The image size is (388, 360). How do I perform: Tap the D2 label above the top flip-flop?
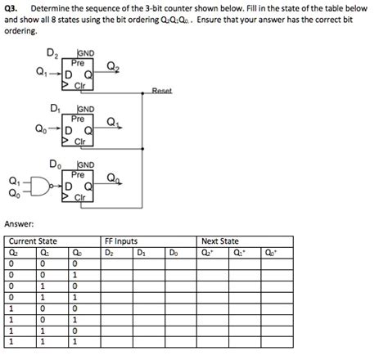(52, 55)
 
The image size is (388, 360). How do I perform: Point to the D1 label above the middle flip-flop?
(55, 108)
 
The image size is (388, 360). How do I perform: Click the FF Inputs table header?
(121, 241)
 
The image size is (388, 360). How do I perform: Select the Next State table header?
(220, 241)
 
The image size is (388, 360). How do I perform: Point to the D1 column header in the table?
(141, 252)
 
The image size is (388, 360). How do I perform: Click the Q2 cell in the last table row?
(10, 343)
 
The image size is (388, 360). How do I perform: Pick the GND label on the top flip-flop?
(86, 52)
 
